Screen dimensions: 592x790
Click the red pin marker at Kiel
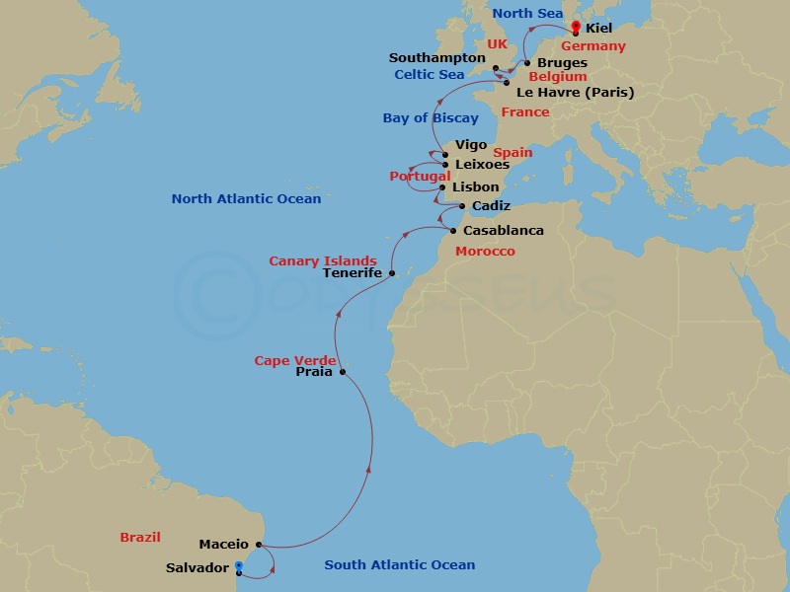tap(576, 27)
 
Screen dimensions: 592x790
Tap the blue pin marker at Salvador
tap(238, 566)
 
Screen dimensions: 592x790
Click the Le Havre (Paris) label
tap(575, 93)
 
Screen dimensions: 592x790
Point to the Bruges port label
tap(562, 63)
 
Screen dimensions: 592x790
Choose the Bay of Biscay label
tap(431, 118)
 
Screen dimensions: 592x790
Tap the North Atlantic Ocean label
tap(246, 199)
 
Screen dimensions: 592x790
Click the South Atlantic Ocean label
tap(400, 565)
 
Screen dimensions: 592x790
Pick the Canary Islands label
tap(323, 260)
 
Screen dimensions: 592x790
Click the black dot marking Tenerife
tap(392, 273)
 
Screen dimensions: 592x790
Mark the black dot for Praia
tap(343, 372)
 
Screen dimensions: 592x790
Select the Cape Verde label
tap(295, 360)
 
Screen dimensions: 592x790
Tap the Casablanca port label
tap(504, 231)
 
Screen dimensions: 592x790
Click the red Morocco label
tap(485, 252)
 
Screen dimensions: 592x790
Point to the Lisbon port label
tap(475, 186)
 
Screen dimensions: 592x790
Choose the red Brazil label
tap(139, 538)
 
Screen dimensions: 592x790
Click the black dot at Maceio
tap(258, 545)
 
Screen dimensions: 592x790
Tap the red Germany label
tap(592, 46)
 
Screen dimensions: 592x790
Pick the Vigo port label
tap(470, 145)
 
